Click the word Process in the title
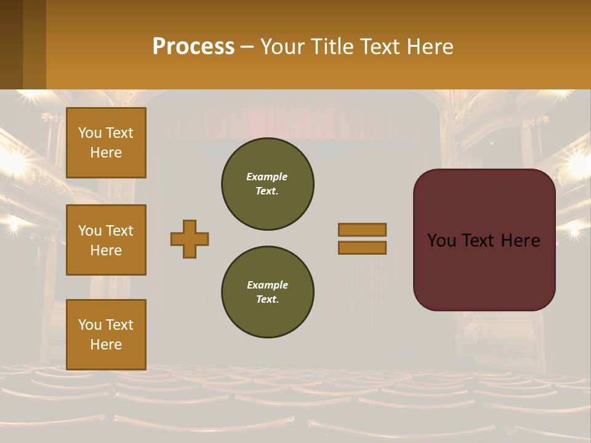[x=193, y=46]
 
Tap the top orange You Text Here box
[x=106, y=143]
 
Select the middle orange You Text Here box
[x=106, y=240]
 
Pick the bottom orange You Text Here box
[x=106, y=335]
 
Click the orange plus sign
[x=190, y=239]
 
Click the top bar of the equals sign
[x=363, y=229]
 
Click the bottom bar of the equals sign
[x=363, y=247]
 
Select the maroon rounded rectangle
[x=484, y=271]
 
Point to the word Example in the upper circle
[x=267, y=177]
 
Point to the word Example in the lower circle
[x=267, y=285]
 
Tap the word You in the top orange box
[x=90, y=133]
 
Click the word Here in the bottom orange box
[x=106, y=345]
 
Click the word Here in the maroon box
[x=520, y=241]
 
